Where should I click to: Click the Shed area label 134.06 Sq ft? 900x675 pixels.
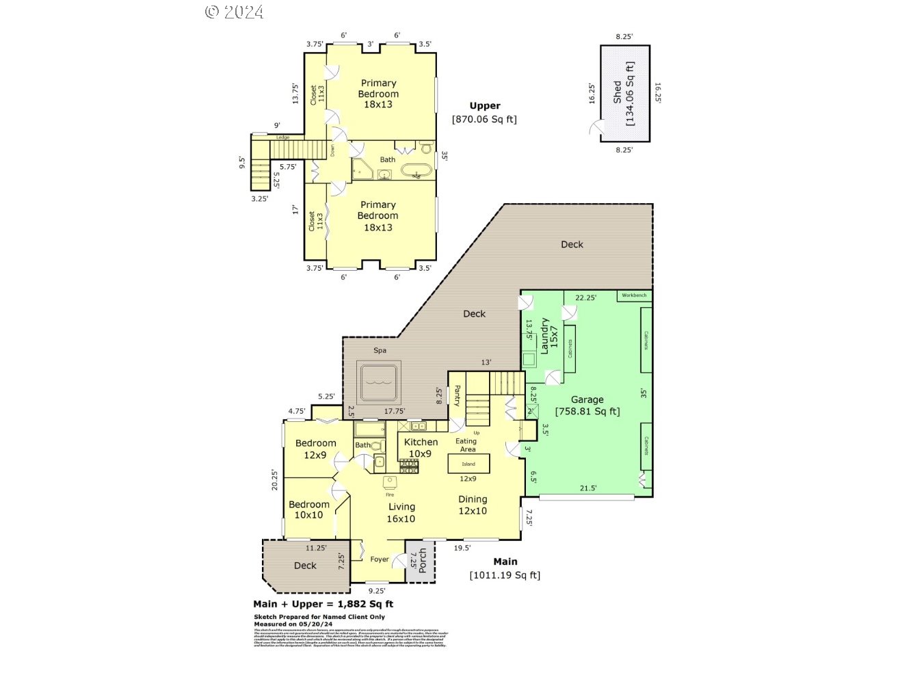(630, 94)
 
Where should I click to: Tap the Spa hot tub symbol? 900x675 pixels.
(381, 384)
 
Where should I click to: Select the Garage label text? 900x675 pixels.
(587, 399)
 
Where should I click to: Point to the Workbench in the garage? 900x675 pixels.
(634, 295)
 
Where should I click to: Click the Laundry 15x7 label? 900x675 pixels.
(549, 336)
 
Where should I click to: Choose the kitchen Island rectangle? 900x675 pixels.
(468, 464)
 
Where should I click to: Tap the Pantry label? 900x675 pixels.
(457, 396)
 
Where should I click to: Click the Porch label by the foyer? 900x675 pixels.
(422, 561)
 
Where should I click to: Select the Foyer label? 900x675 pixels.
(380, 559)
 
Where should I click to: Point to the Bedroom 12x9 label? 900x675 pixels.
(315, 449)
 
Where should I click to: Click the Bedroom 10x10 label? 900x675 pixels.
(308, 509)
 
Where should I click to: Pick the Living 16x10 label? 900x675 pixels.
(401, 512)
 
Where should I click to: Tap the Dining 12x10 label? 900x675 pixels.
(473, 505)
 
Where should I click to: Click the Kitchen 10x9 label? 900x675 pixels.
(421, 447)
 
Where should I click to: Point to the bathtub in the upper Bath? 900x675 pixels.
(416, 171)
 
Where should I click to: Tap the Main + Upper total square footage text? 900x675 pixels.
(323, 604)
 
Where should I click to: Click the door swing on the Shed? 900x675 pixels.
(597, 128)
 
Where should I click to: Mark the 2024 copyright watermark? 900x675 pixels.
(234, 12)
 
